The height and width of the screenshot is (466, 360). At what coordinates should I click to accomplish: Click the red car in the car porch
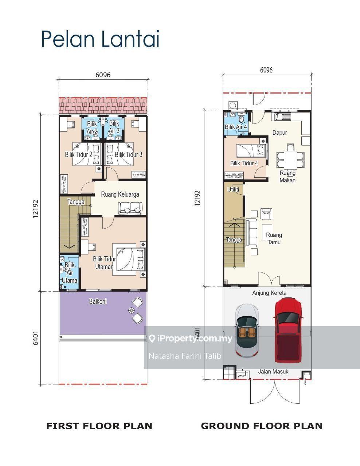288,330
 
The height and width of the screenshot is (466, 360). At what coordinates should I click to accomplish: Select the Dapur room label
279,133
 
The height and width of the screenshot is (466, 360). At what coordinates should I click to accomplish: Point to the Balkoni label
98,301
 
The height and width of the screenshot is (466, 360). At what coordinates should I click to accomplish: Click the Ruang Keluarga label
120,194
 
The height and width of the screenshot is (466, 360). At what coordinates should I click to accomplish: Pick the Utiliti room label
233,189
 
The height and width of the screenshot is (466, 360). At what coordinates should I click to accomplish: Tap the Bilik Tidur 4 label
244,163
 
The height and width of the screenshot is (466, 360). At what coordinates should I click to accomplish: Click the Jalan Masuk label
273,371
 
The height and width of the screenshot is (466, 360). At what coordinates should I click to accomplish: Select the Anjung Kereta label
269,293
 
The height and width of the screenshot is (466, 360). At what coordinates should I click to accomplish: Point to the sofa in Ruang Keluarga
130,208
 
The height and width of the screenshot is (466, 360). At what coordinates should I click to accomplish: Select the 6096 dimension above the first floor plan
103,75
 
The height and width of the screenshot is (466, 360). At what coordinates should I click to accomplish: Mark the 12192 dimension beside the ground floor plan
197,198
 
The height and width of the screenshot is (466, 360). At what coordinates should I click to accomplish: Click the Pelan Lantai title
101,39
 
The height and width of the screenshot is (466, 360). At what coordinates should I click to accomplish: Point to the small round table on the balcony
131,310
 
